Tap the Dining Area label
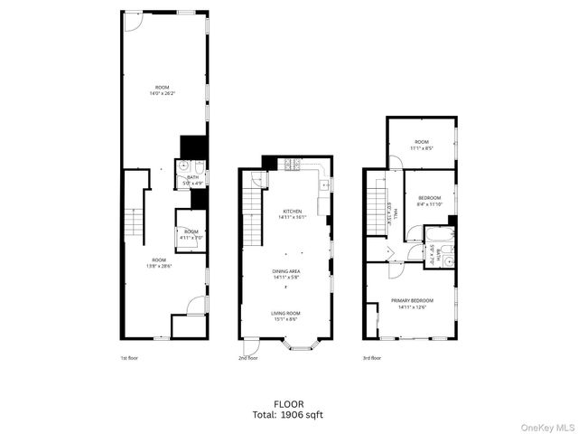[x=286, y=274]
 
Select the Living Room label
[x=286, y=316]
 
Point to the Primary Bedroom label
[x=412, y=303]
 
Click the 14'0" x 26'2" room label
[x=162, y=90]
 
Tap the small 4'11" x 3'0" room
[x=191, y=233]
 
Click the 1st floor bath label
[x=192, y=179]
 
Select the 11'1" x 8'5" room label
[x=422, y=144]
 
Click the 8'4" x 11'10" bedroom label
[x=429, y=201]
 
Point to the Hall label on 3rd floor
[x=387, y=216]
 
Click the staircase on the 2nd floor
[x=251, y=217]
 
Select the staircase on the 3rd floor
[x=374, y=212]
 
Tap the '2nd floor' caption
[x=248, y=358]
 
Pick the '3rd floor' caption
[x=370, y=358]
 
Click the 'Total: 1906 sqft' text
[x=289, y=415]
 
